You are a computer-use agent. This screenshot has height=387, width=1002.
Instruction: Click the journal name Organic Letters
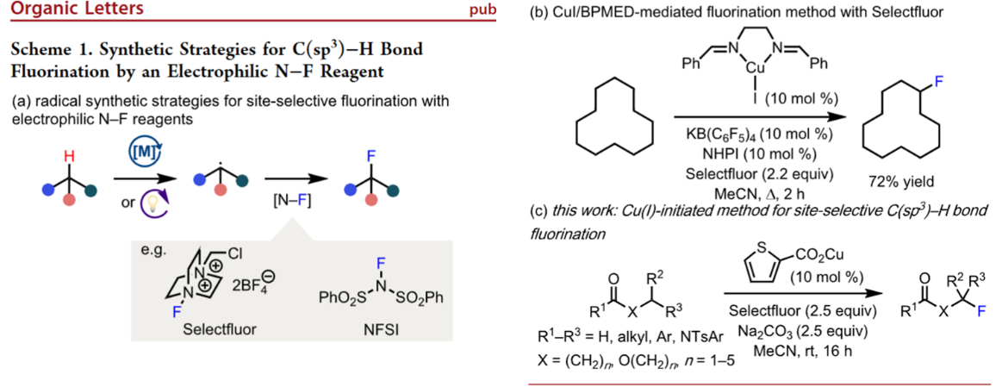point(65,10)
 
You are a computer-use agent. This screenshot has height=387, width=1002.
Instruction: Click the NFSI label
point(383,328)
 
